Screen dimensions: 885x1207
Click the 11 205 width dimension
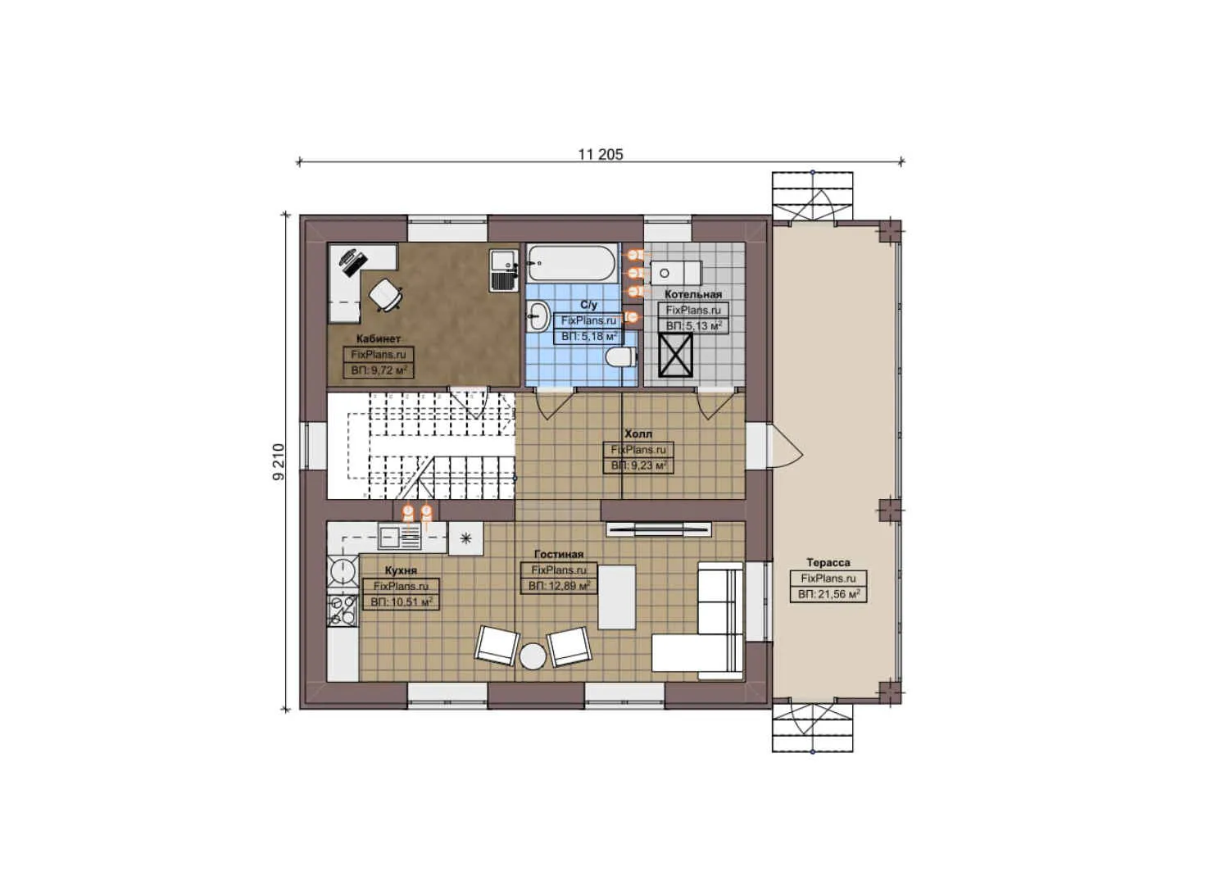(x=600, y=154)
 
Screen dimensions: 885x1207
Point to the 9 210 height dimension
(x=279, y=461)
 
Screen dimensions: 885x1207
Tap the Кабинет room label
(x=379, y=338)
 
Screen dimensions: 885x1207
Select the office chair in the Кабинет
(x=385, y=294)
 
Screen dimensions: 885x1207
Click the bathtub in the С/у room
(x=571, y=264)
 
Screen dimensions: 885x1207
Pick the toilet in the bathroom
(x=621, y=357)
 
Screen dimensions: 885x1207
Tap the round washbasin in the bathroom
(x=538, y=315)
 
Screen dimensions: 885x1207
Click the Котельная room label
(x=693, y=294)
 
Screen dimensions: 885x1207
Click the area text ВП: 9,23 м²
(x=638, y=465)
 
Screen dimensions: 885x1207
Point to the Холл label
(x=638, y=433)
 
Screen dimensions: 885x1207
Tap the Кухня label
(x=401, y=570)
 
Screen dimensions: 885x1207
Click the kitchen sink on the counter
(x=400, y=538)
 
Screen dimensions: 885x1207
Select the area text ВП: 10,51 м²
(x=401, y=601)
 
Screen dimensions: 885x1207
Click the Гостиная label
(x=559, y=555)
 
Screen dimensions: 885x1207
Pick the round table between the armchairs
(x=533, y=656)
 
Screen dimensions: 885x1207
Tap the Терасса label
(x=828, y=562)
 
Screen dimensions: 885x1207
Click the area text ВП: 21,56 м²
(x=828, y=594)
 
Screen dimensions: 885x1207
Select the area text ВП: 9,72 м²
(x=379, y=370)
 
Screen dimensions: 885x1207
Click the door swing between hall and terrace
(x=785, y=447)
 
